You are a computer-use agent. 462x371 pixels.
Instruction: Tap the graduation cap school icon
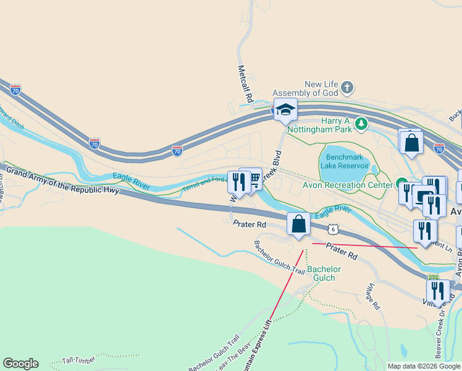[285, 110]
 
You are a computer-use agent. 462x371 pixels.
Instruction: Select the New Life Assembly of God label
[322, 88]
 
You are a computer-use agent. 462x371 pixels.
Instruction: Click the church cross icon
[347, 87]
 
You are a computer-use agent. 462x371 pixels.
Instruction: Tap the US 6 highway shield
[334, 229]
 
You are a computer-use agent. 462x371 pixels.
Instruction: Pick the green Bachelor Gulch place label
[324, 273]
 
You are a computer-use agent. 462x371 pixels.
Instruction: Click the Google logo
[20, 364]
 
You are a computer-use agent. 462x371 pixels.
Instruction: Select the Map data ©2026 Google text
[423, 366]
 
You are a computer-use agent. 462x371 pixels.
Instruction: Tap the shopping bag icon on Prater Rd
[299, 224]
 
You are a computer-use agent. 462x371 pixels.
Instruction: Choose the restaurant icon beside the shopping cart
[238, 182]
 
